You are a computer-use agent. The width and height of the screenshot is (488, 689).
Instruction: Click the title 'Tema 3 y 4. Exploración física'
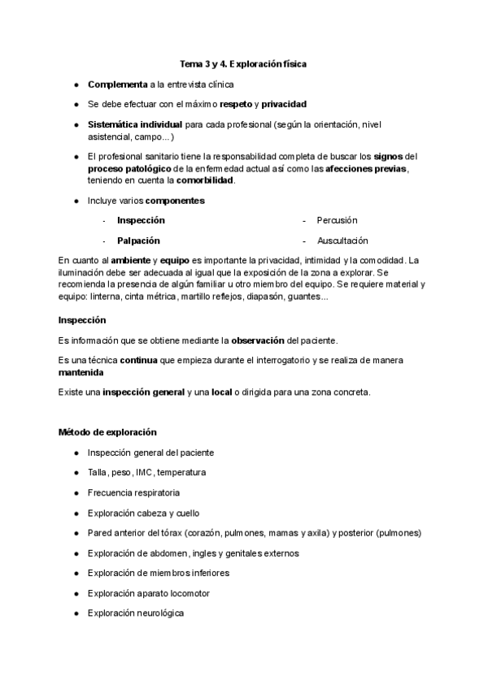(x=242, y=63)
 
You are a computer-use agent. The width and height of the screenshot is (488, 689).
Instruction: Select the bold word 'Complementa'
(x=117, y=84)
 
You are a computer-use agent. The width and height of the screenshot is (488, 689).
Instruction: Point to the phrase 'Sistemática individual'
(x=135, y=124)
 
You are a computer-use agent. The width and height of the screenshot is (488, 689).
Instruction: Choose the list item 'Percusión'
(x=337, y=220)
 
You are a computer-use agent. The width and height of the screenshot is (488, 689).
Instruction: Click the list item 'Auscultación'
(x=342, y=240)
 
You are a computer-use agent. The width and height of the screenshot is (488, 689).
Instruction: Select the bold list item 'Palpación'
(x=138, y=240)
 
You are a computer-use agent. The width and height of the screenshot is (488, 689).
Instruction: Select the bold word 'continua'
(x=144, y=360)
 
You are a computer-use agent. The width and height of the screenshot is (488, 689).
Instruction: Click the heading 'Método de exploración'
(x=107, y=431)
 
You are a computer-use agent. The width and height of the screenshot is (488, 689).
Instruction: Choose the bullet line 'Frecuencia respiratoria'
(x=133, y=492)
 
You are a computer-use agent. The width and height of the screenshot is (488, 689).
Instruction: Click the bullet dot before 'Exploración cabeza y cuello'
(x=76, y=513)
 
